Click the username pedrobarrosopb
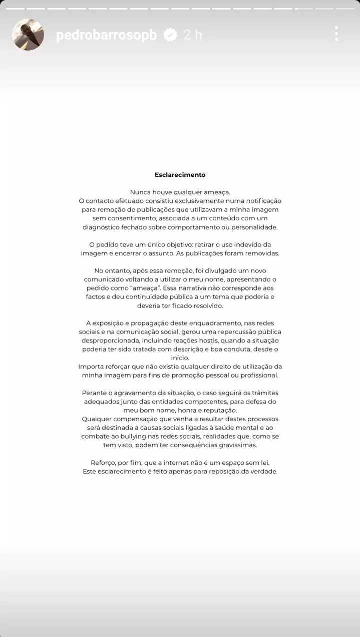tap(107, 35)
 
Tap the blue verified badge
tap(171, 35)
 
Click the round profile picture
tap(28, 35)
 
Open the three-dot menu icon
tap(336, 34)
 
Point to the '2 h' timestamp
tap(193, 35)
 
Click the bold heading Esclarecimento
tap(180, 175)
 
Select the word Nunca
tap(140, 192)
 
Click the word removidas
tap(261, 253)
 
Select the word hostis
tap(206, 341)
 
